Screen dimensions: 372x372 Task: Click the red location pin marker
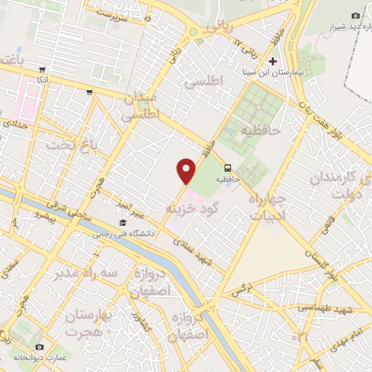(x=187, y=171)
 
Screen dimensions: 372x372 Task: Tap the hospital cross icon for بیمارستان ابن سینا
(x=273, y=61)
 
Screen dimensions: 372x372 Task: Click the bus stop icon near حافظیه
(x=227, y=166)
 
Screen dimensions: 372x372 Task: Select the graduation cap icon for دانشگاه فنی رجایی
(x=123, y=222)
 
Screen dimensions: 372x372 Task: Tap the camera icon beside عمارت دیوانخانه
(x=39, y=347)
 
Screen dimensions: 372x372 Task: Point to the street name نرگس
(x=241, y=290)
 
